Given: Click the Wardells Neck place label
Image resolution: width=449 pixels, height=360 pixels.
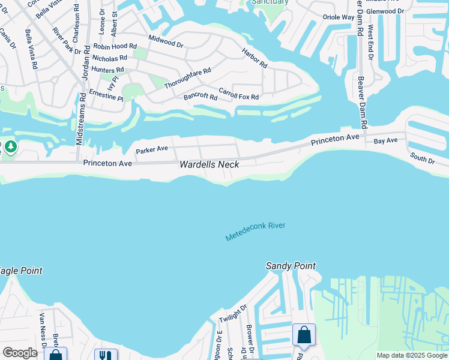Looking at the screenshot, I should click(x=209, y=164).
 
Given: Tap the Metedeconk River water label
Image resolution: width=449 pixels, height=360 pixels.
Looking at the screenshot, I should click(x=255, y=232).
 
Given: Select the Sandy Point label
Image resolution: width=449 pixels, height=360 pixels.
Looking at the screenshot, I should click(x=291, y=266).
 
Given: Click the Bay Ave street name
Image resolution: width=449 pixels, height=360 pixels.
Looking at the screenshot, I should click(x=385, y=140).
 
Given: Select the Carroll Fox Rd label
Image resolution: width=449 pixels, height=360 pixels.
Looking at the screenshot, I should click(x=238, y=94).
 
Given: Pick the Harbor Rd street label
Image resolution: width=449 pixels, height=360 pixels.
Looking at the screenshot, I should click(x=255, y=58).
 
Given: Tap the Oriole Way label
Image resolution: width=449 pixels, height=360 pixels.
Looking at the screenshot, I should click(x=339, y=17).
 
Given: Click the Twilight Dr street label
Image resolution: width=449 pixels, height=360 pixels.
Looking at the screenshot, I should click(x=233, y=313).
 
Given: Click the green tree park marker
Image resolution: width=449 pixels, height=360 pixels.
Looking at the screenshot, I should click(x=10, y=146).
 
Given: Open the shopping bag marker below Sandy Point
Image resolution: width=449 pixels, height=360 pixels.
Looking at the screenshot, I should click(x=304, y=334).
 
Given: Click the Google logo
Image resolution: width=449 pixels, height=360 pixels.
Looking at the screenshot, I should click(x=20, y=353).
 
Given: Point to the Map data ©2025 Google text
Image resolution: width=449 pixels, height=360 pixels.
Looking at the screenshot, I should click(x=412, y=355).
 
